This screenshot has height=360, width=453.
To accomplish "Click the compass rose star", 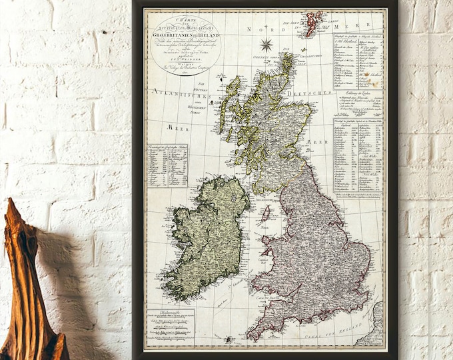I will pos(266,45).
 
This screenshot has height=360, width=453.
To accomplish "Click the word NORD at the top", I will pos(258,30).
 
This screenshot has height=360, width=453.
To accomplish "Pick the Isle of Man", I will pos(266,213).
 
